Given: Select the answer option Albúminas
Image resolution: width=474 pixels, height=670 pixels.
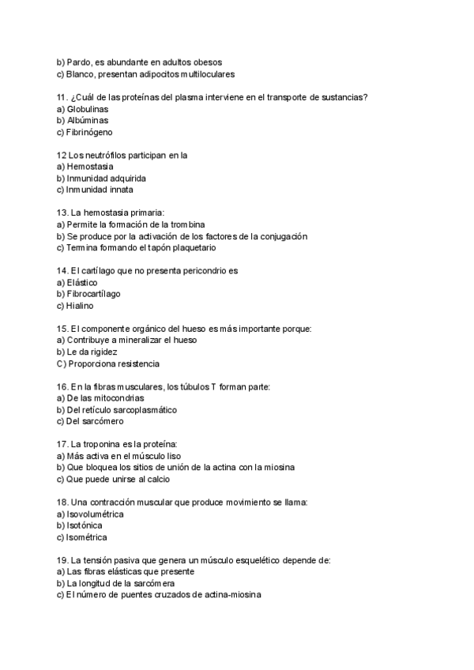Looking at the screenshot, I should tap(88, 120).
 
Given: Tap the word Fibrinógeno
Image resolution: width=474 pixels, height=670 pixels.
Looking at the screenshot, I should tap(93, 132).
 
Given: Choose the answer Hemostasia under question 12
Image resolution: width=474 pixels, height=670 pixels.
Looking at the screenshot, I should tap(91, 167).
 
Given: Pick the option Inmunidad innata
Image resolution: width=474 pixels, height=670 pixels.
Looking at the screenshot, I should tap(100, 190).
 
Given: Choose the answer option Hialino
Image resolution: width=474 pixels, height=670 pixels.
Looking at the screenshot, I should tap(81, 306).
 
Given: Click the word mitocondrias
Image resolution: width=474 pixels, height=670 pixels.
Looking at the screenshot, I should tap(110, 398).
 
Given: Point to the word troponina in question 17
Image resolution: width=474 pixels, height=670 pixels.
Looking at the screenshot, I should tap(107, 445).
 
